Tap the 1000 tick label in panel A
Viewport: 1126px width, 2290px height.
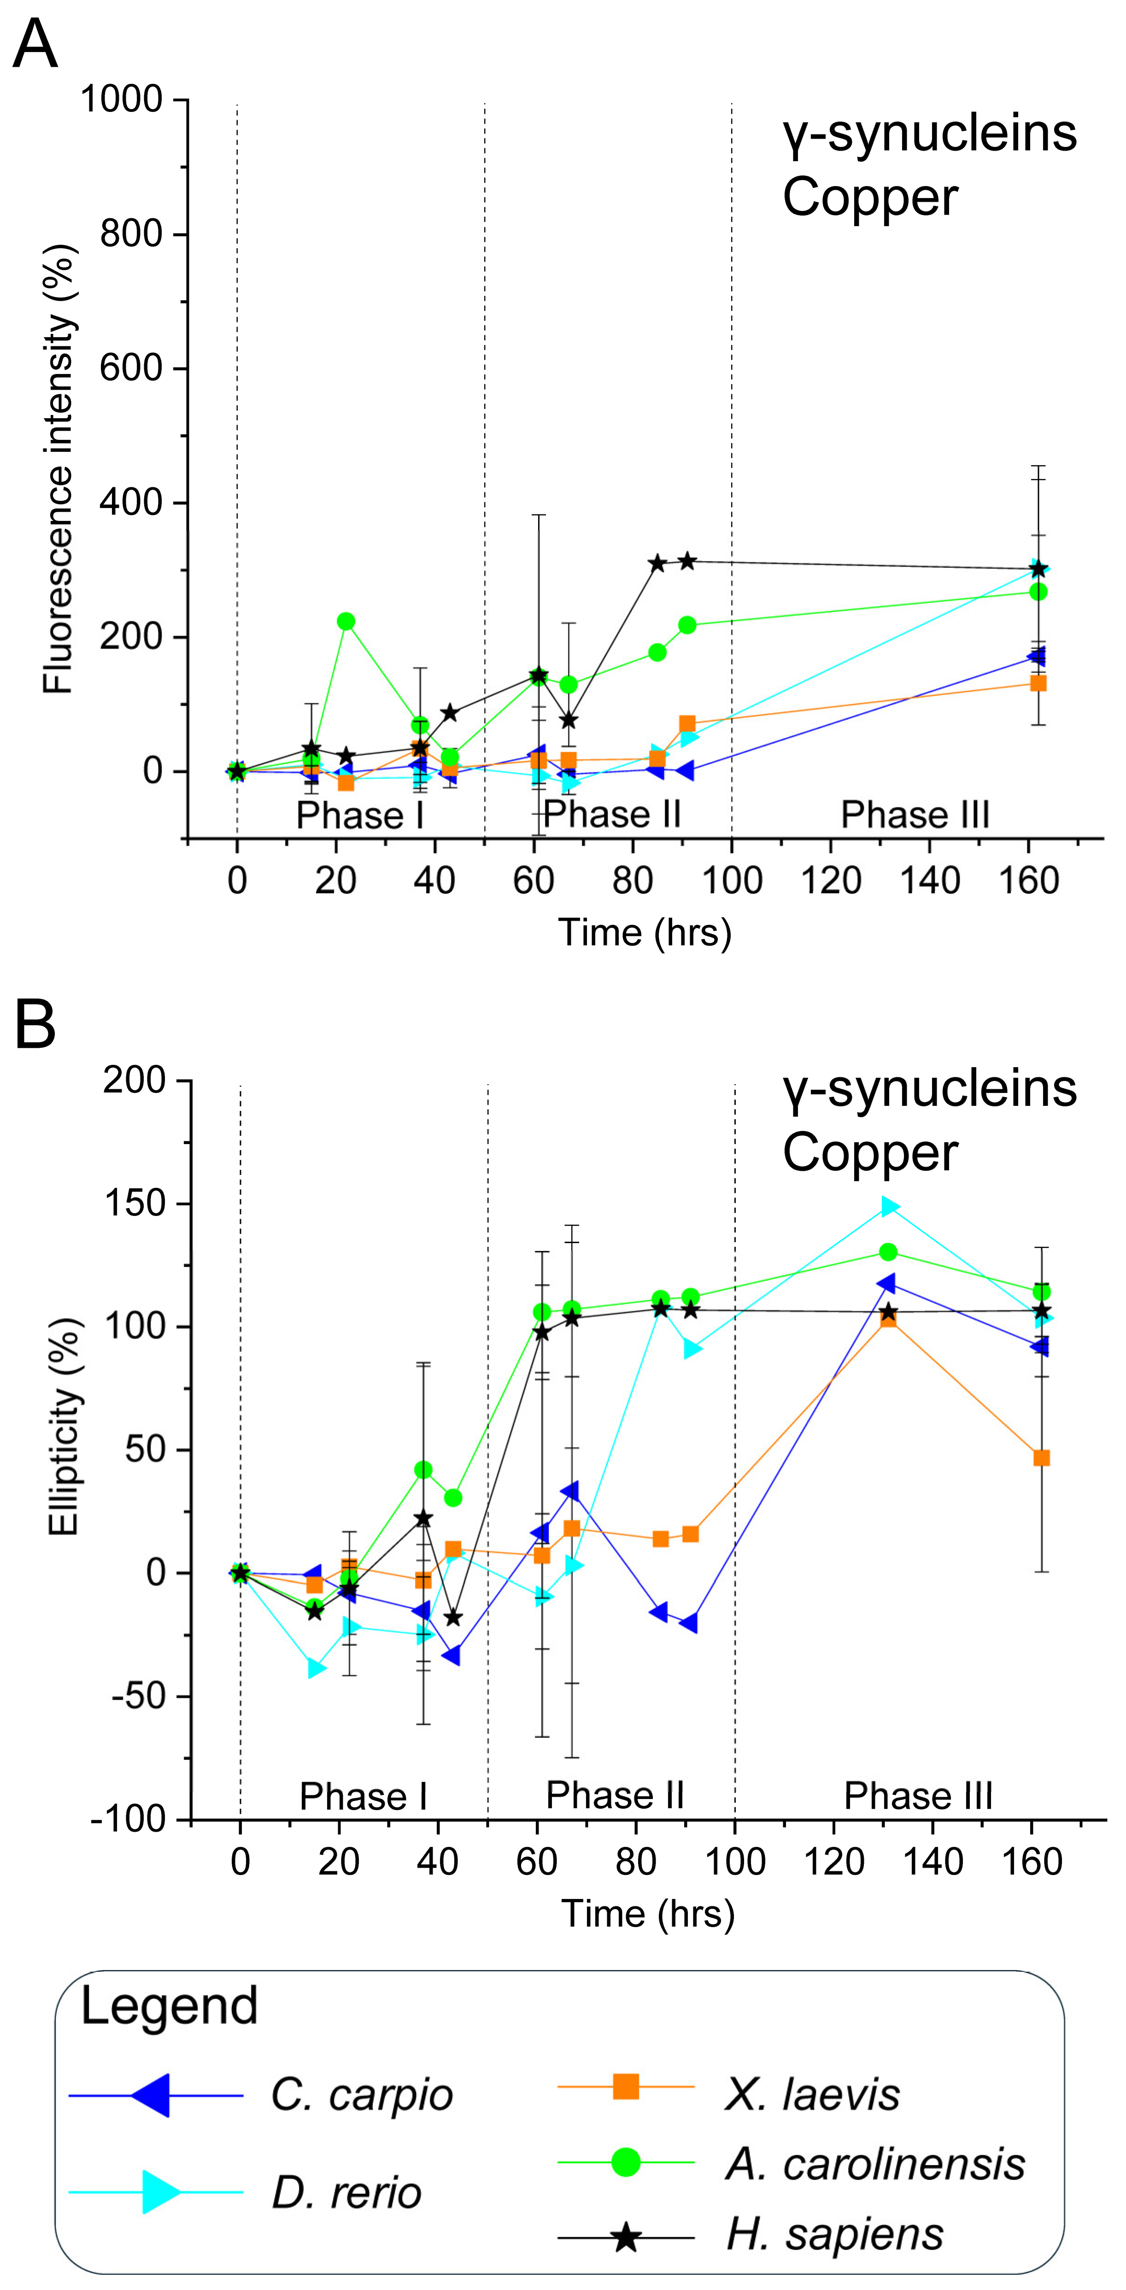[122, 99]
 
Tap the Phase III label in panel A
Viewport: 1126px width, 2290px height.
[915, 814]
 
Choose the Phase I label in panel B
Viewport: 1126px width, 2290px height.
[364, 1796]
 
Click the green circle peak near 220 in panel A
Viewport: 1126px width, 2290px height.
[346, 621]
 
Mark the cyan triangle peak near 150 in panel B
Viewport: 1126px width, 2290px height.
[889, 1206]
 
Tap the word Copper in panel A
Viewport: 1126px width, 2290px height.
[870, 197]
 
